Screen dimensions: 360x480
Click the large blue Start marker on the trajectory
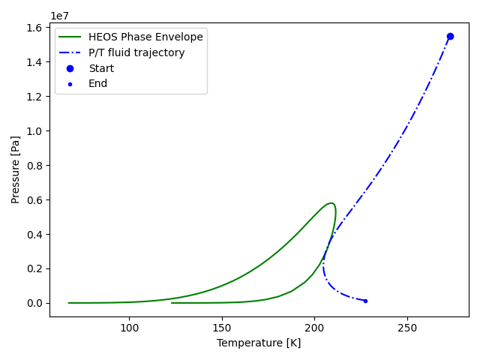pyautogui.click(x=450, y=36)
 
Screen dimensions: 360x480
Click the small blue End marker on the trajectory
pyautogui.click(x=365, y=301)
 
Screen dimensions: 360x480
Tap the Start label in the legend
pyautogui.click(x=101, y=68)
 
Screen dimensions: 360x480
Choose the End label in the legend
pyautogui.click(x=98, y=83)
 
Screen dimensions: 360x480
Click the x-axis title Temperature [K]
pyautogui.click(x=259, y=343)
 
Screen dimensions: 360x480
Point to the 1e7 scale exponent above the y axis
pyautogui.click(x=61, y=16)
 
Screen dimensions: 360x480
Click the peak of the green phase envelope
pyautogui.click(x=331, y=202)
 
